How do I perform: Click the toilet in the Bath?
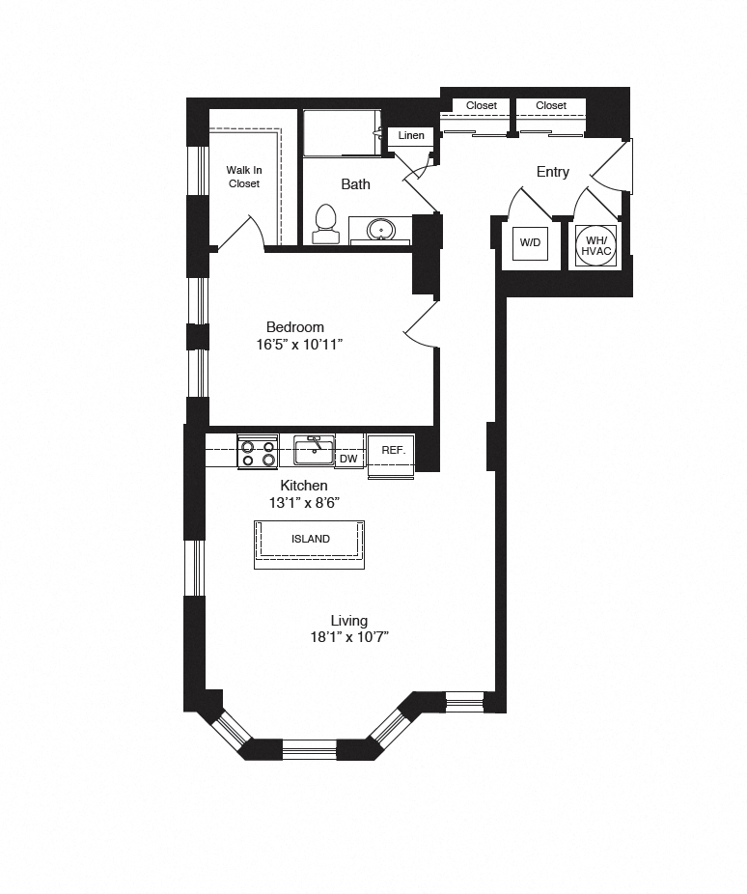pyautogui.click(x=326, y=224)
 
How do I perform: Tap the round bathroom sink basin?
pyautogui.click(x=379, y=230)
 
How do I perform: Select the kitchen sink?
pyautogui.click(x=314, y=451)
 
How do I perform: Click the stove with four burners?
pyautogui.click(x=258, y=452)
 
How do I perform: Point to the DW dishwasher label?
pyautogui.click(x=348, y=459)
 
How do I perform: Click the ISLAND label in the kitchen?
pyautogui.click(x=311, y=539)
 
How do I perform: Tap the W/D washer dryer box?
pyautogui.click(x=530, y=243)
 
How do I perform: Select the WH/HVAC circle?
pyautogui.click(x=596, y=246)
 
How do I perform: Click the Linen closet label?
pyautogui.click(x=411, y=136)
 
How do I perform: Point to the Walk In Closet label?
pyautogui.click(x=244, y=177)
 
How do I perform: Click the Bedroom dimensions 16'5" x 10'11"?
pyautogui.click(x=299, y=345)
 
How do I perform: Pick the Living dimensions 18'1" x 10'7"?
pyautogui.click(x=349, y=637)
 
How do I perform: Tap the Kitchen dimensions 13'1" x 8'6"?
pyautogui.click(x=304, y=503)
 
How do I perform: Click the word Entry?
pyautogui.click(x=553, y=172)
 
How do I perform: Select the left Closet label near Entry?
pyautogui.click(x=482, y=105)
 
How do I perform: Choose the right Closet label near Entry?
pyautogui.click(x=551, y=105)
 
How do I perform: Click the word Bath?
pyautogui.click(x=355, y=184)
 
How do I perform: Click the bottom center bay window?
pyautogui.click(x=310, y=749)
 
